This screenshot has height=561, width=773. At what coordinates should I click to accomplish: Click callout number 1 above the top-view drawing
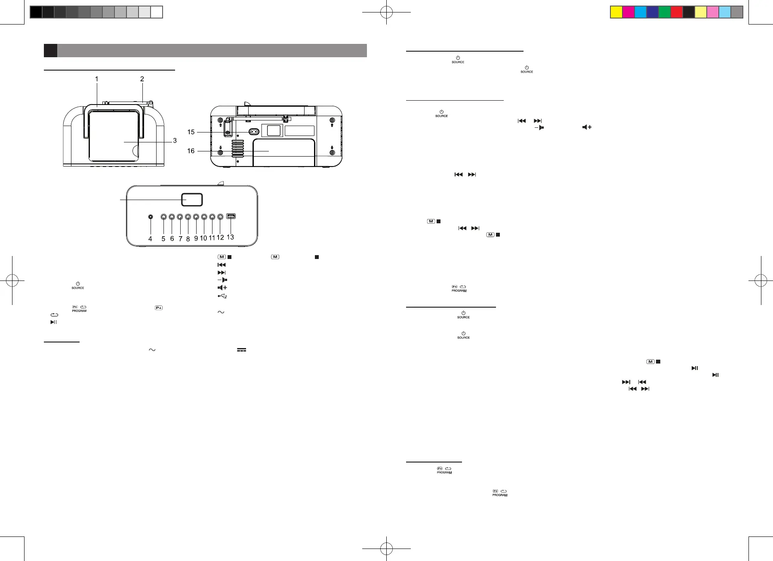pos(97,79)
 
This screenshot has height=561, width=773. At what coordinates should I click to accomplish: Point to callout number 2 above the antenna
pos(142,79)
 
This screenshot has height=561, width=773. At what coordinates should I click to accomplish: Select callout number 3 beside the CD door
pos(175,141)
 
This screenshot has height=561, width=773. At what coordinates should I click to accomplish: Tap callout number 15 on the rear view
pos(191,132)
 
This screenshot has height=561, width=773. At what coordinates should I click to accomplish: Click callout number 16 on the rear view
pos(191,151)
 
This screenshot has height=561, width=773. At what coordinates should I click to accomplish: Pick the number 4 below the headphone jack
pos(150,239)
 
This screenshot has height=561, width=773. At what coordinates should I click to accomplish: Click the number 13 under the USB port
pos(230,237)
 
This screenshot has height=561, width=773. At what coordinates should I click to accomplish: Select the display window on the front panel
pos(192,200)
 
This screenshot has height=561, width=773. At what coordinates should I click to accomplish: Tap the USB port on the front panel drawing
pos(231,216)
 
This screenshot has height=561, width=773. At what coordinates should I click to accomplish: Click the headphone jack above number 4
pos(150,217)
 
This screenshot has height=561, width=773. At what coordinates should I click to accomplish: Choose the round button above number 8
pos(188,217)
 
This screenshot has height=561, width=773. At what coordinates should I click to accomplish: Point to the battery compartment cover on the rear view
pos(284,153)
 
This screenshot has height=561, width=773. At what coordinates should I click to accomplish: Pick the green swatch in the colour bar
pos(665,12)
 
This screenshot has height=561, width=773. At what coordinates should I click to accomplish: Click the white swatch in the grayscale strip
pos(157,12)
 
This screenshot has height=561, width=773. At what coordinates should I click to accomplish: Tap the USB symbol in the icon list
pos(222,296)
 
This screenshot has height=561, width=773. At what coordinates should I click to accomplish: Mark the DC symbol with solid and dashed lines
pos(241,350)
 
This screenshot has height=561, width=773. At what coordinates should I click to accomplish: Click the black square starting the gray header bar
pos(50,50)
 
